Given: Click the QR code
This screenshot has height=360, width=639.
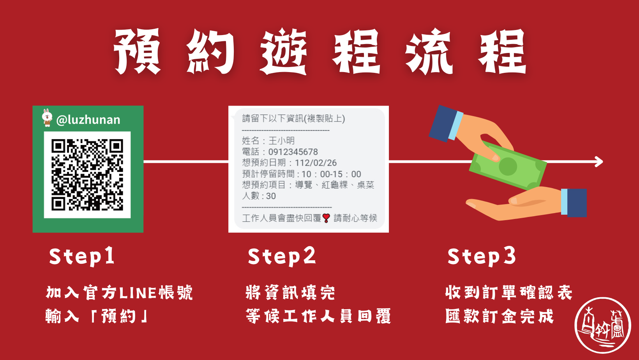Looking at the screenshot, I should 87,175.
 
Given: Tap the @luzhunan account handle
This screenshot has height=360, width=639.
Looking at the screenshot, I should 88,120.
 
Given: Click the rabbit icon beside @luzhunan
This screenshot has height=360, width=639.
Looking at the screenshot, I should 47,118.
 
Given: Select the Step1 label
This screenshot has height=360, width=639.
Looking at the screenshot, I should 82,256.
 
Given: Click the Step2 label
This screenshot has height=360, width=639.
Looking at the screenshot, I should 281,256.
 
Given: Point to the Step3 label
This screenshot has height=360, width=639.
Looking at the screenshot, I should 481,256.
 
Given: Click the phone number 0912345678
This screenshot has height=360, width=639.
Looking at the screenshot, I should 293,152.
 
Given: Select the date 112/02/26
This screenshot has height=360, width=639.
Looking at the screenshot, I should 316,163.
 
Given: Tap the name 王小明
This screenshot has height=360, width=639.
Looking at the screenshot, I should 281,141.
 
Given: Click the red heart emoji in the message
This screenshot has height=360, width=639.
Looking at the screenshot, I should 327,218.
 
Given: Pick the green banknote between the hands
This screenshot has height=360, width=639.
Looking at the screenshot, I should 507,167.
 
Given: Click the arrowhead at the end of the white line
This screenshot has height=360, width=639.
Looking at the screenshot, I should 599,161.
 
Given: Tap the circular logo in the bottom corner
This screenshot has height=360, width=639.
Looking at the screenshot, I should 602,325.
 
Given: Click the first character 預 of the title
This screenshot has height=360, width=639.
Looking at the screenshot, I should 137,51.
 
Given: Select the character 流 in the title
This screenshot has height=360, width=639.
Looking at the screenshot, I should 429,51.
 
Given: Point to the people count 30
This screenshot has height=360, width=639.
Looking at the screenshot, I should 271,196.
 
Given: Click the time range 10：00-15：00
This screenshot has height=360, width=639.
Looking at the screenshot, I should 331,174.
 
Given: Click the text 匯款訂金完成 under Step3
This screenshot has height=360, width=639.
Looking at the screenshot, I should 499,316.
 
